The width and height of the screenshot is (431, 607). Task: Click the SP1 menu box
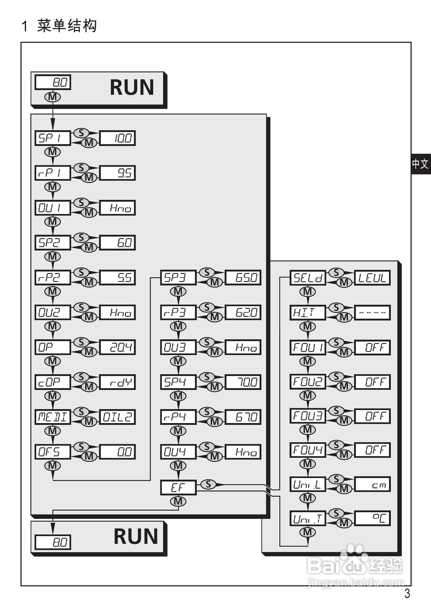coord(52,138)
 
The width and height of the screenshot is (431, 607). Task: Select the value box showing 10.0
coord(117,138)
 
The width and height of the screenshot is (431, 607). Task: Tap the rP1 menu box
coord(52,173)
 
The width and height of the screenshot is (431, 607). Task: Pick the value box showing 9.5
coord(117,173)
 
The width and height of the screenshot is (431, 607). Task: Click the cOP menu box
coord(52,382)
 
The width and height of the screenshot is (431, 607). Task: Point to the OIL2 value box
coord(117,417)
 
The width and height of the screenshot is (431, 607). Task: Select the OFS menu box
coord(52,452)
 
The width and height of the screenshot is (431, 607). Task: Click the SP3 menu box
coord(178,277)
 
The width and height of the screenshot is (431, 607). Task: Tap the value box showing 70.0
coord(243,382)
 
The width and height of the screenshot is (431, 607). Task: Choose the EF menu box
coord(178,487)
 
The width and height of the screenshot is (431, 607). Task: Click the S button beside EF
coord(208,484)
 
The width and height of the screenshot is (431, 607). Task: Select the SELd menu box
coord(308,278)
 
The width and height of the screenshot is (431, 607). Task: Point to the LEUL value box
coord(372,278)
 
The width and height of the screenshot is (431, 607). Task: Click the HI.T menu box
coord(308,312)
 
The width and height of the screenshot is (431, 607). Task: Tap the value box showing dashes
coord(372,312)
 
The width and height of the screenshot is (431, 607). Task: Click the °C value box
coord(372,518)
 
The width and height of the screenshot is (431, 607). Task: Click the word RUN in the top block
coord(132,87)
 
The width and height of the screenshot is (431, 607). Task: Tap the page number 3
coord(407,593)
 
